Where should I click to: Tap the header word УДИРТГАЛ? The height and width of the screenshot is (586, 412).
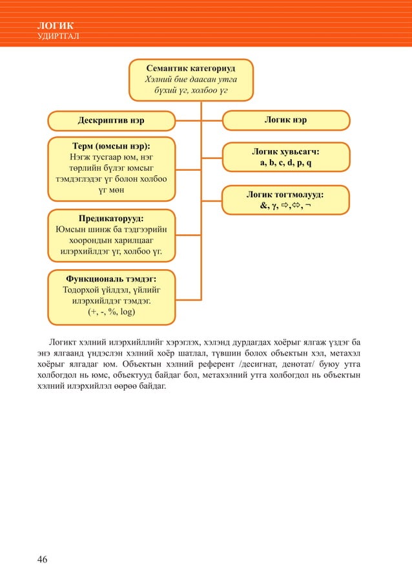(59, 35)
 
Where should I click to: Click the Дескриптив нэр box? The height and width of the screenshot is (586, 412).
(111, 120)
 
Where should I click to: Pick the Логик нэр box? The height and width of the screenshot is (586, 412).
(285, 120)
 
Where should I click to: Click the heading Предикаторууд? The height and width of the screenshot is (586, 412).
(111, 217)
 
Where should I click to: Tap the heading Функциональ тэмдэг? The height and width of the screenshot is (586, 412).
(111, 279)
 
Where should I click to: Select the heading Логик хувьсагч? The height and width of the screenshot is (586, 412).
(285, 151)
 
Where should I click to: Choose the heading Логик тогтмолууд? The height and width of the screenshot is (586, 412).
(285, 193)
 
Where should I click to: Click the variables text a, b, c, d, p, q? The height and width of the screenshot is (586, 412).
(285, 162)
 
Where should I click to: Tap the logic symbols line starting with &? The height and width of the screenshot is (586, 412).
(285, 205)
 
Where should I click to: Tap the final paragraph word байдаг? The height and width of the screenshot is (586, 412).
(150, 387)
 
